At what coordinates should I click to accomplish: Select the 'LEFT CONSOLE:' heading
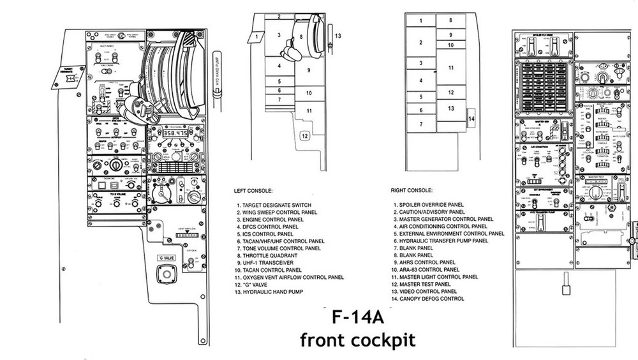click(x=255, y=190)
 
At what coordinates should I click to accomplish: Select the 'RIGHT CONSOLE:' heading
click(x=411, y=190)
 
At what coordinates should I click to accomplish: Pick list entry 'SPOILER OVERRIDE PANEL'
click(x=432, y=204)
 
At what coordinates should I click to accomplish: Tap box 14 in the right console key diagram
click(x=471, y=118)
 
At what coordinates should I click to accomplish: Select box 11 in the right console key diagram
click(x=450, y=67)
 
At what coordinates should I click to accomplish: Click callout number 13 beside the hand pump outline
click(x=338, y=36)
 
